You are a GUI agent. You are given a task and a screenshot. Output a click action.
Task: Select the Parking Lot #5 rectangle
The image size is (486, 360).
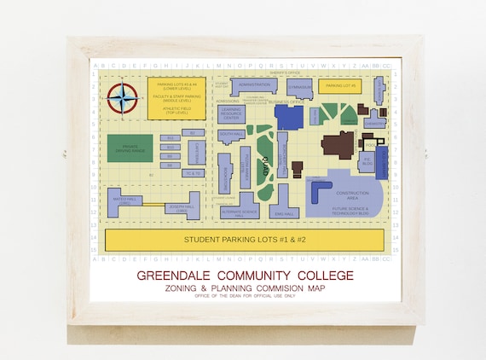point(340,86)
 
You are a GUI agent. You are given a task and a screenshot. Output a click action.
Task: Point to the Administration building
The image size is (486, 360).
point(254,85)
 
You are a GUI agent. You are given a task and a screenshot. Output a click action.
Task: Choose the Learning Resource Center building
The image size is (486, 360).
point(231,113)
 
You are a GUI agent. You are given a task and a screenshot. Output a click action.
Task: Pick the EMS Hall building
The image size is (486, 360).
point(284,212)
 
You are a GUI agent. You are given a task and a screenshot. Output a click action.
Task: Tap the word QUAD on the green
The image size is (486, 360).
point(265,166)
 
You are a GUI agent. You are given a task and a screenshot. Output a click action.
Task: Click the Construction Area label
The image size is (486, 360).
point(352,195)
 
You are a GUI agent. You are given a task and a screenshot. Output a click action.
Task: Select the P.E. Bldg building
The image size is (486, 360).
point(368,160)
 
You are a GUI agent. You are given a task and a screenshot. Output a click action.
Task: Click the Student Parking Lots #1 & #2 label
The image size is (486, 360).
point(245,239)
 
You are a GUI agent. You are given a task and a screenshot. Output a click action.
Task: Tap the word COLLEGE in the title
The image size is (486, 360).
point(320,276)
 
